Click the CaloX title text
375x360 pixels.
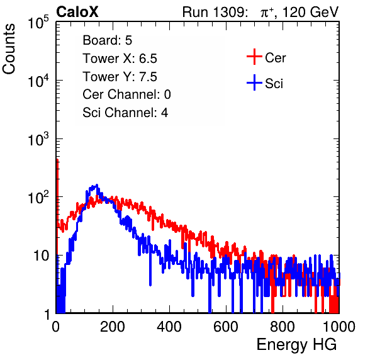coord(77,12)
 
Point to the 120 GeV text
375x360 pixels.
coord(310,12)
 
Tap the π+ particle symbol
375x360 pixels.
coord(267,13)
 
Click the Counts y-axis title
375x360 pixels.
coord(9,49)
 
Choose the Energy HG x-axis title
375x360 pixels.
coord(296,345)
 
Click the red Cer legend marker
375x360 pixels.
coord(254,57)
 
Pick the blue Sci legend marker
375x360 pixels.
coord(254,82)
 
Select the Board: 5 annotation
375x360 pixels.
coord(107,40)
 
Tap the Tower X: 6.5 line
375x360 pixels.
coord(120,59)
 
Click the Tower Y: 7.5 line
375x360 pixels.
coord(120,77)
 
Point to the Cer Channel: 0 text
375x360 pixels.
coord(126,94)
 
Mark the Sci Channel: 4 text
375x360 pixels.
coord(125,113)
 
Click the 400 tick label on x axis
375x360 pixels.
coord(169,327)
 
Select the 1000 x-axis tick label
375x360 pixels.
coord(339,327)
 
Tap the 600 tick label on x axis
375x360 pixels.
coord(226,327)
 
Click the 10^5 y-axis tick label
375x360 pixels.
coord(38,23)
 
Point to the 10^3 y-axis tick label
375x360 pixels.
coord(38,140)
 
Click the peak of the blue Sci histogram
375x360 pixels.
coord(97,184)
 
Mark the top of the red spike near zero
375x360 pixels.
coord(57,160)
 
